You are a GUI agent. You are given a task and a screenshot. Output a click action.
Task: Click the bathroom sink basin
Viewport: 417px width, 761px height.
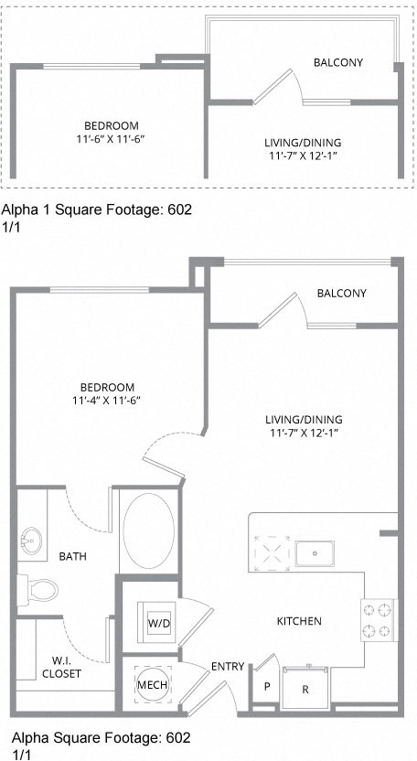click(35, 540)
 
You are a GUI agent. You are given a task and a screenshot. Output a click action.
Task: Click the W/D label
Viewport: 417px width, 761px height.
click(158, 623)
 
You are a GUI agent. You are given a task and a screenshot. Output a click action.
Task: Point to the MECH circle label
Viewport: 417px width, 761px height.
click(150, 684)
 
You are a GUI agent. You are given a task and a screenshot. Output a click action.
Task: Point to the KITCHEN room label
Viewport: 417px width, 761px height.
click(299, 621)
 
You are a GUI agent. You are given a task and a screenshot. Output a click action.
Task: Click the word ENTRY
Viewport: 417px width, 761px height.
click(227, 666)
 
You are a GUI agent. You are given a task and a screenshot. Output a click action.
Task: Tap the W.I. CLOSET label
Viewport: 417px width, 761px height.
click(61, 667)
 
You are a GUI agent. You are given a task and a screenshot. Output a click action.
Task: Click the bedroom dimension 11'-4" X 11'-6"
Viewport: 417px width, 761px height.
click(109, 400)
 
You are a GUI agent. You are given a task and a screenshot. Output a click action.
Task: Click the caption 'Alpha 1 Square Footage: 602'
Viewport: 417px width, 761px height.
click(98, 209)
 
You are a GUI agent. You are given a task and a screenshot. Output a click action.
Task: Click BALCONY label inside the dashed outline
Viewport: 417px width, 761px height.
click(338, 62)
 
